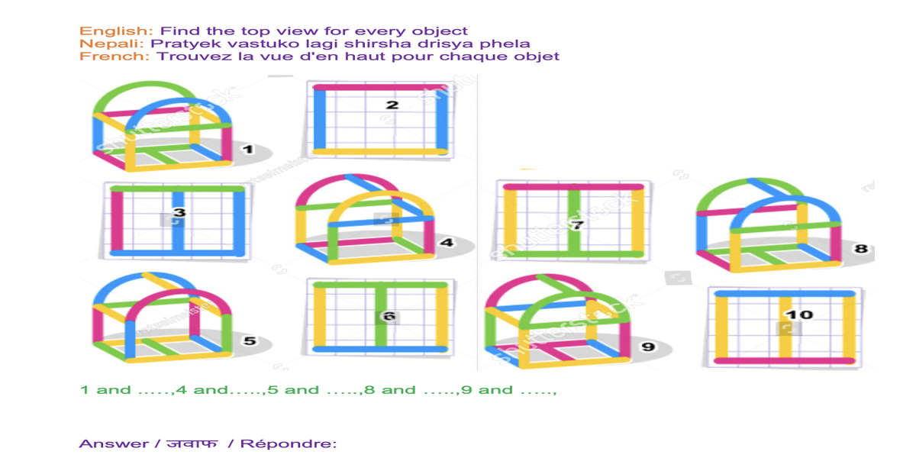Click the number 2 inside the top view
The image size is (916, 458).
pyautogui.click(x=392, y=105)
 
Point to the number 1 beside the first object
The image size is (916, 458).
pyautogui.click(x=248, y=149)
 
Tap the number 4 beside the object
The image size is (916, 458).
pyautogui.click(x=447, y=243)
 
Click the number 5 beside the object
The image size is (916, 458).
pyautogui.click(x=249, y=340)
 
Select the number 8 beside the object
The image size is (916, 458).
pyautogui.click(x=861, y=249)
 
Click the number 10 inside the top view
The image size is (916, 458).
pyautogui.click(x=799, y=314)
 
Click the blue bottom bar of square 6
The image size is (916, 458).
pyautogui.click(x=379, y=349)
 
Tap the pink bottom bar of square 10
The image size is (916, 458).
pyautogui.click(x=784, y=360)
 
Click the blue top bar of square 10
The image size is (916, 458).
pyautogui.click(x=784, y=294)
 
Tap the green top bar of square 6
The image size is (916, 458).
pyautogui.click(x=379, y=285)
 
